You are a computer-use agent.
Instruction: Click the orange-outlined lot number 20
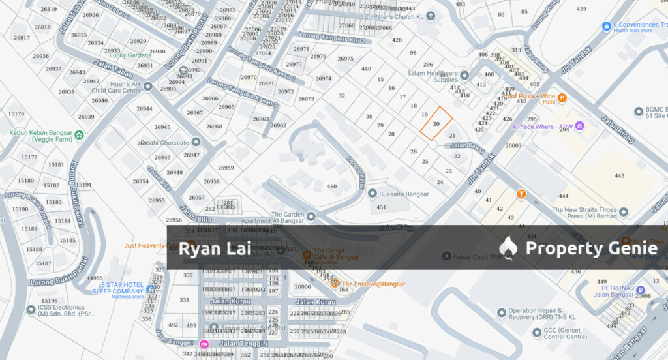click(436, 123)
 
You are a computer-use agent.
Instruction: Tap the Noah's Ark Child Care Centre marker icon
click(147, 86)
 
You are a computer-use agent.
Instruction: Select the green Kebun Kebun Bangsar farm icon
click(79, 135)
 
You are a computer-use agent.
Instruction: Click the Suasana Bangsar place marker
click(372, 194)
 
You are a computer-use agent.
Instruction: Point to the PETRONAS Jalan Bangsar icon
click(641, 290)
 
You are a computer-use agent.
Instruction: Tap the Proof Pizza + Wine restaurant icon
click(562, 97)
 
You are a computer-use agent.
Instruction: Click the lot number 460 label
click(332, 187)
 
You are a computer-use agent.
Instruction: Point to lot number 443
click(619, 175)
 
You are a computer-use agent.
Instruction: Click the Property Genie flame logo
click(508, 248)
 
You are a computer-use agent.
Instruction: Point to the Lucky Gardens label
click(130, 55)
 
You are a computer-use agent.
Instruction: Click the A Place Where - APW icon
click(579, 126)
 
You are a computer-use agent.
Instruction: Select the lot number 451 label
click(382, 208)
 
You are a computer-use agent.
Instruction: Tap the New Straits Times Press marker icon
click(624, 212)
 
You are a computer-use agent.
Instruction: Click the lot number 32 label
click(342, 95)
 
